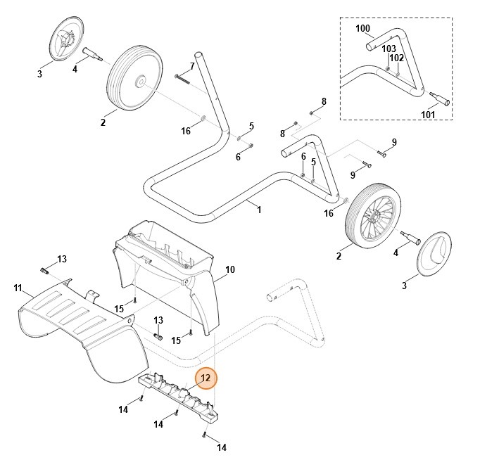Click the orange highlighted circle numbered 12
206,378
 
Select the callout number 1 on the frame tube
258,209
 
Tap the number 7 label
191,66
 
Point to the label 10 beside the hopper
229,269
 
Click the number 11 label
18,288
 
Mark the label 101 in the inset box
429,115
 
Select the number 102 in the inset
397,58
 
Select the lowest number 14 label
221,447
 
